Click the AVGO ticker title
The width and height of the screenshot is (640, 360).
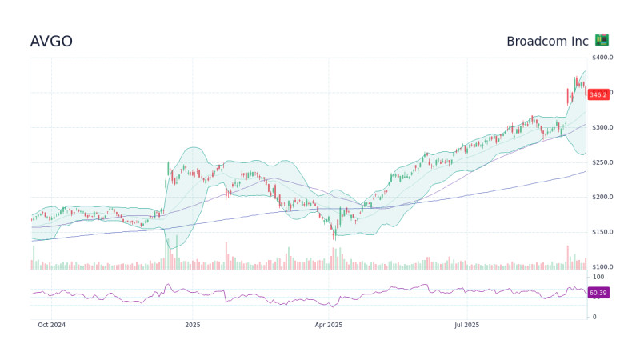(51, 42)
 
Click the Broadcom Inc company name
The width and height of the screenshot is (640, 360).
(547, 41)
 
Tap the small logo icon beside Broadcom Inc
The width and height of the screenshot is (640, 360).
(602, 40)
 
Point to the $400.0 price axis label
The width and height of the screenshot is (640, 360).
(602, 58)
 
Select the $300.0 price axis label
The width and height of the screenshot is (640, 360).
(602, 128)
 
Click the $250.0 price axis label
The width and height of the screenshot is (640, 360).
(602, 162)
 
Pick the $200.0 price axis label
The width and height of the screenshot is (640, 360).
(602, 198)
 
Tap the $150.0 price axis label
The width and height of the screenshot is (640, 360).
(602, 232)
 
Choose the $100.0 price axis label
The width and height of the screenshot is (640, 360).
(602, 267)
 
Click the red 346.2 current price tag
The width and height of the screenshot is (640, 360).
(598, 94)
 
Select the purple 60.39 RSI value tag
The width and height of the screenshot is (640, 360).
(598, 294)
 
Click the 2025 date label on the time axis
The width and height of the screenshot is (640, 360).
(192, 325)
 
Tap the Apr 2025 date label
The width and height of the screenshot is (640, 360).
(329, 325)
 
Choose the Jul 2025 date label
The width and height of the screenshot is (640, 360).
(466, 325)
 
